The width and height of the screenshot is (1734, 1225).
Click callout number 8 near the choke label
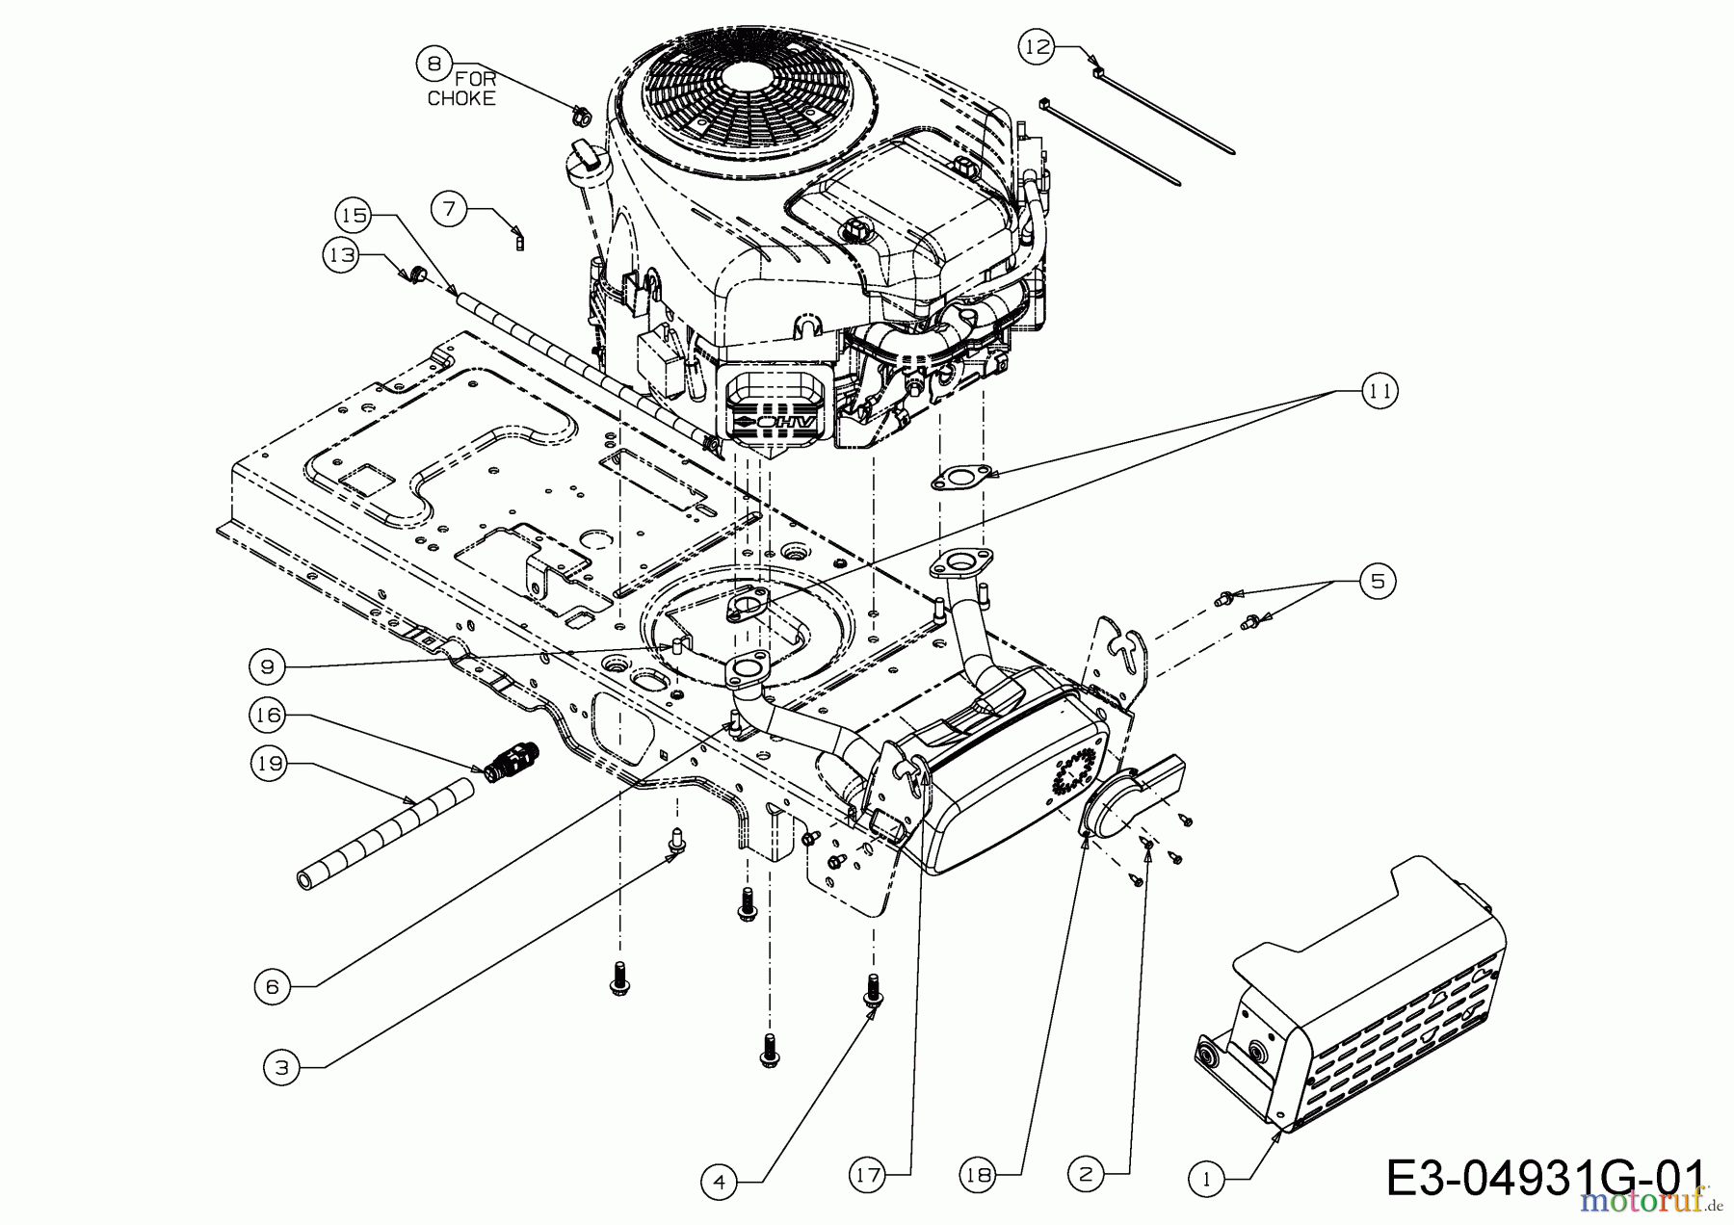(x=433, y=64)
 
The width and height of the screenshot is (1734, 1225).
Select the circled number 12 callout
(x=1038, y=47)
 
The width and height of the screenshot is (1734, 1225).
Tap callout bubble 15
(x=354, y=215)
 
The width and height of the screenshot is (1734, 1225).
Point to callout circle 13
(x=340, y=255)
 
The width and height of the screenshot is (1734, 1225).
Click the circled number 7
(x=449, y=209)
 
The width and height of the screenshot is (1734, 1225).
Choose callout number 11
(x=1379, y=391)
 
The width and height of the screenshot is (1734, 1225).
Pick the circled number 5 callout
(x=1378, y=582)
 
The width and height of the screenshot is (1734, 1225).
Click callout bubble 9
(x=267, y=666)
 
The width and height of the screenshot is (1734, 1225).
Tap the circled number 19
(x=269, y=764)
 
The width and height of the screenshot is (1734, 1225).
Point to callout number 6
(x=272, y=986)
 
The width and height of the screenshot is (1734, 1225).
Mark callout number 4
(x=720, y=1182)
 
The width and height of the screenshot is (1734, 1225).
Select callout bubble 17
(x=868, y=1175)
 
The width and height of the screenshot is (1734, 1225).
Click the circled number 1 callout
(x=1206, y=1178)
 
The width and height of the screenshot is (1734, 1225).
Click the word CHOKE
(x=461, y=98)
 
